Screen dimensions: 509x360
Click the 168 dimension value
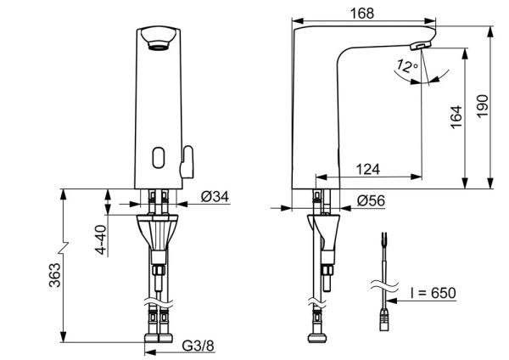[362, 14]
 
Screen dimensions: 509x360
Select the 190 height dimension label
[483, 106]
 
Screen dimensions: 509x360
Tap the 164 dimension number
[456, 117]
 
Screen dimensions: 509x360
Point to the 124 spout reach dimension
[368, 169]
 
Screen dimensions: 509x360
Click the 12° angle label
[406, 66]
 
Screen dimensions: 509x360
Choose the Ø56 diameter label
[371, 200]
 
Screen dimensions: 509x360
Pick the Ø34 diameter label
[215, 196]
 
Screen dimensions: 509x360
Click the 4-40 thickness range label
[102, 239]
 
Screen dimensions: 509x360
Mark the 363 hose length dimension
[55, 275]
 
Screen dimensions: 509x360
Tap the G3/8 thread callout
[199, 346]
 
